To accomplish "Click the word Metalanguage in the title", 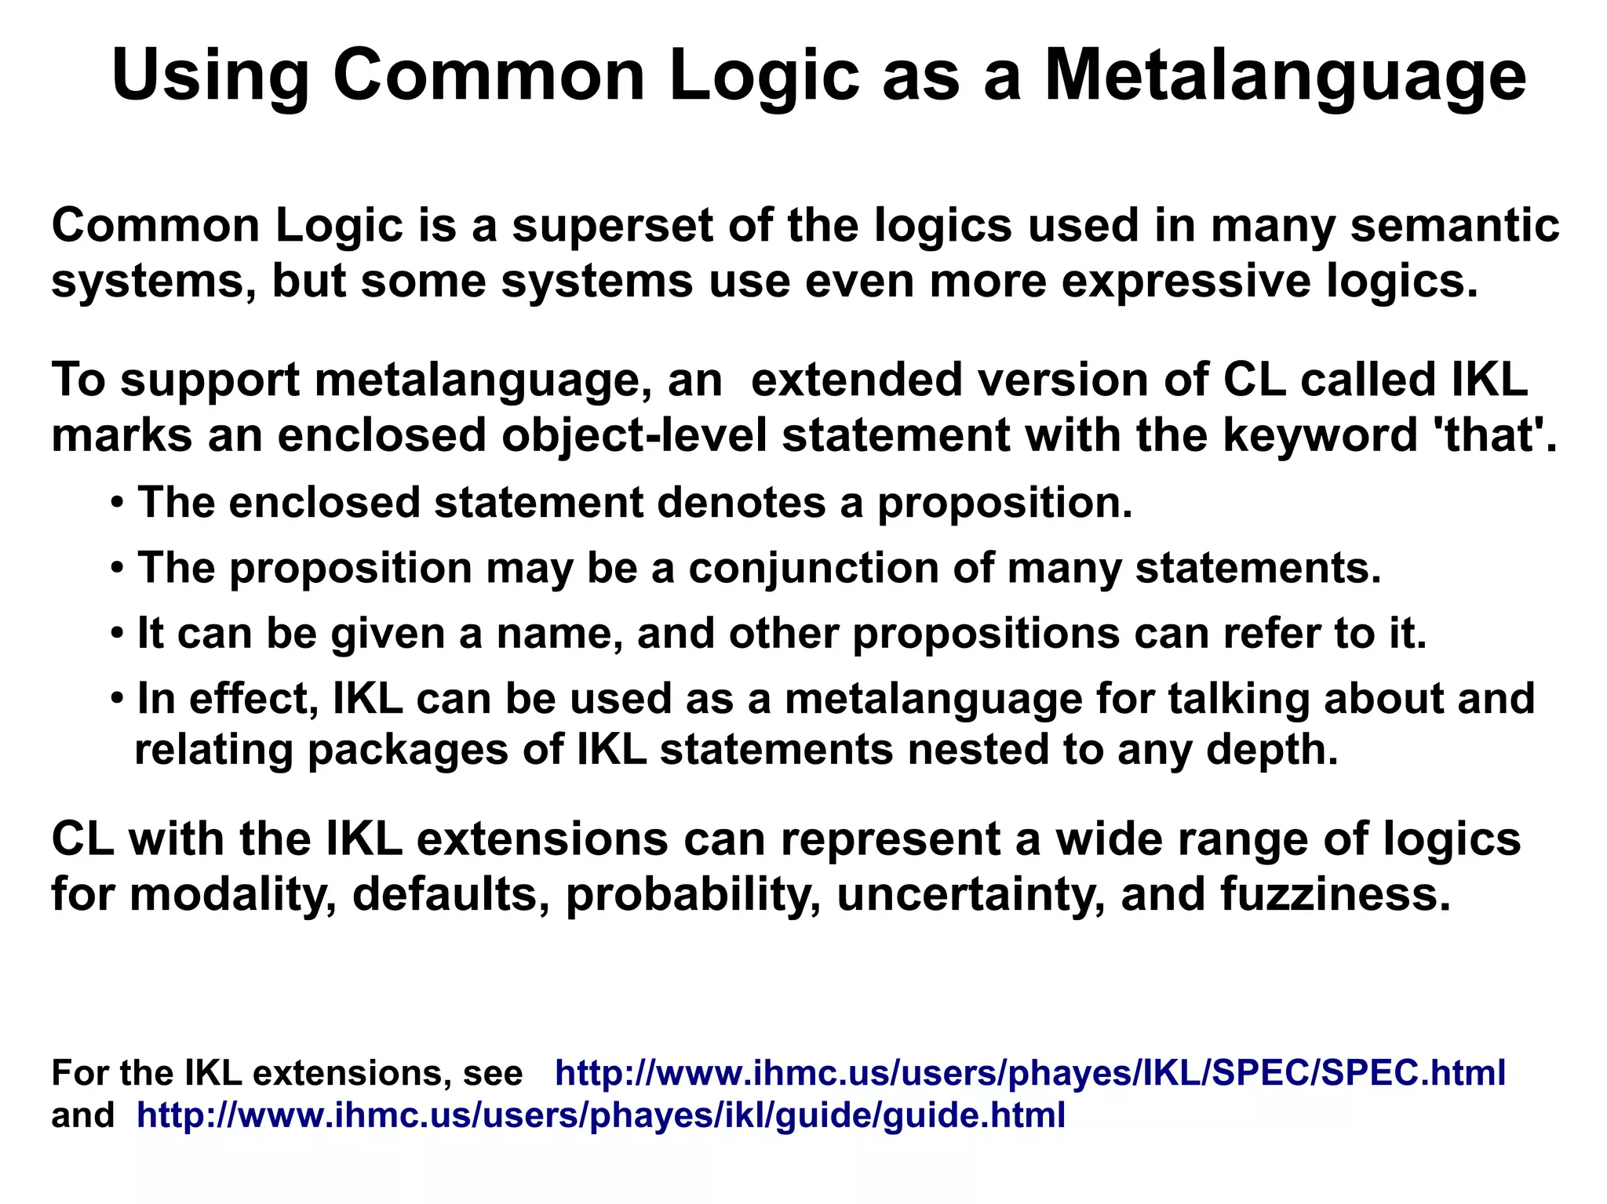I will [x=1285, y=76].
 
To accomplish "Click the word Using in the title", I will [x=210, y=76].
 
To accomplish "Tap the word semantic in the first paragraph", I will [x=1454, y=226].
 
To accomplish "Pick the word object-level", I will [x=633, y=435].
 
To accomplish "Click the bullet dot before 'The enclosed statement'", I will [x=117, y=503].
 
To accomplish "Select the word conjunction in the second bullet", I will [x=813, y=568].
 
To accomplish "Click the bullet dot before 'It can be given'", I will [x=117, y=633].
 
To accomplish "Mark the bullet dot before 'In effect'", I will [x=117, y=698].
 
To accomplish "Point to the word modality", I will [x=233, y=894].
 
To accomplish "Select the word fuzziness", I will [x=1336, y=894].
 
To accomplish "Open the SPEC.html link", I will [x=1029, y=1073].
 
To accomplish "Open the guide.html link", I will [x=600, y=1115].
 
